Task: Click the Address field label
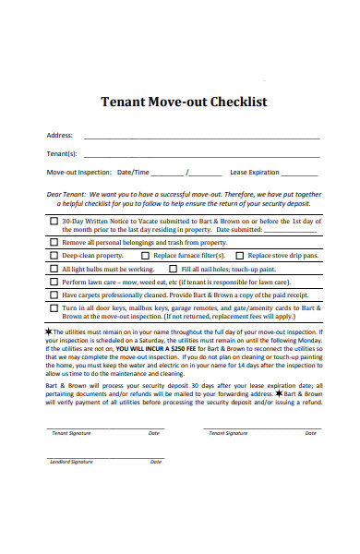pyautogui.click(x=59, y=135)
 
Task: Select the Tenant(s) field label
pyautogui.click(x=62, y=153)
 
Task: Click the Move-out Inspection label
pyautogui.click(x=78, y=172)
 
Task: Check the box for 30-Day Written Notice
pyautogui.click(x=54, y=223)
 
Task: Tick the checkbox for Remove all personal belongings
pyautogui.click(x=54, y=242)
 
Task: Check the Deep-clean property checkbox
pyautogui.click(x=54, y=255)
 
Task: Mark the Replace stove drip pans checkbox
pyautogui.click(x=239, y=255)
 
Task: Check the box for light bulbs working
pyautogui.click(x=54, y=269)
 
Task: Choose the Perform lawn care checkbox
pyautogui.click(x=54, y=282)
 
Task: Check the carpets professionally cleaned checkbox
pyautogui.click(x=54, y=295)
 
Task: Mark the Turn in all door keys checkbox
pyautogui.click(x=54, y=308)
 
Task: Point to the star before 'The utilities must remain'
pyautogui.click(x=49, y=331)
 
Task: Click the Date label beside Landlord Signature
pyautogui.click(x=157, y=461)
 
